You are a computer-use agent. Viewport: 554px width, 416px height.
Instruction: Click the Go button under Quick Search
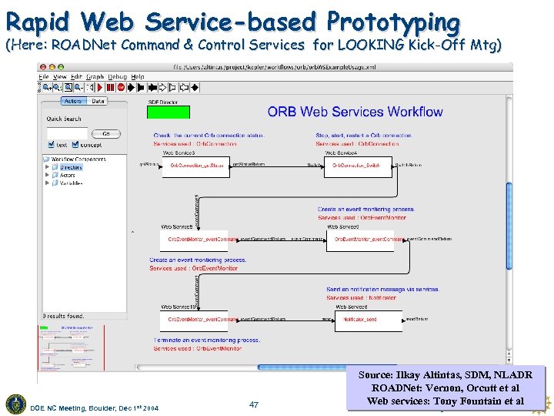tap(105, 133)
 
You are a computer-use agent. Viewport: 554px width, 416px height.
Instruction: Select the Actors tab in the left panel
tap(73, 101)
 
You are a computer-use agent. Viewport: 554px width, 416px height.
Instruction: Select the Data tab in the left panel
tap(98, 101)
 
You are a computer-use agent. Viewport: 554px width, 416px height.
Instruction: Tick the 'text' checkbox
tap(52, 144)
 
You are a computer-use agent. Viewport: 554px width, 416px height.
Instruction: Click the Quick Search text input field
tap(67, 133)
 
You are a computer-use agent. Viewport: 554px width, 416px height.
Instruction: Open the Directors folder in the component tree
tap(71, 167)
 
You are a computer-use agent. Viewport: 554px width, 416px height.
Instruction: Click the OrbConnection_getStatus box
tap(195, 166)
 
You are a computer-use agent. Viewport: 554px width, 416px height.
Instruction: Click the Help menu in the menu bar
tap(137, 77)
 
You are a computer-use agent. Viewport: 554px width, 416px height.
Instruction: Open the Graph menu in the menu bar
tap(95, 77)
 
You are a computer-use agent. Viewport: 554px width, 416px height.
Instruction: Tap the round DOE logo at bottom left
tap(15, 404)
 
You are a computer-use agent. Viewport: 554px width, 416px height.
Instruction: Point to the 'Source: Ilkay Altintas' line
tap(445, 374)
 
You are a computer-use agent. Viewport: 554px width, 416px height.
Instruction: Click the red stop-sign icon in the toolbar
tap(121, 87)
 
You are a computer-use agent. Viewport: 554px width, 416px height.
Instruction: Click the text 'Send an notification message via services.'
tap(382, 290)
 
